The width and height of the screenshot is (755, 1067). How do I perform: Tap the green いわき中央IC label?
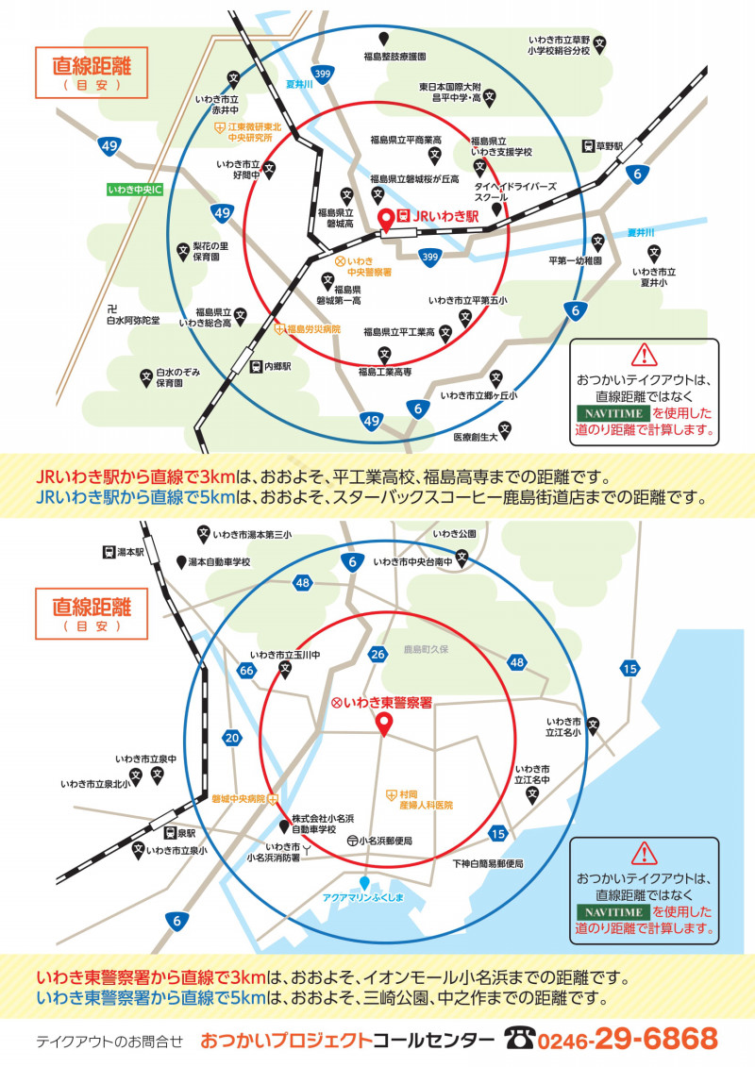(x=136, y=190)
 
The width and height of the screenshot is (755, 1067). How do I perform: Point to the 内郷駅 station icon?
(x=256, y=367)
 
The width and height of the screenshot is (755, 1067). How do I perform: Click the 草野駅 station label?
(x=610, y=146)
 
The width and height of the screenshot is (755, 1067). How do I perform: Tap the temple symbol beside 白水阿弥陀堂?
(x=112, y=308)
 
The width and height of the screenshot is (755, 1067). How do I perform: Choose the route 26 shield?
(x=377, y=655)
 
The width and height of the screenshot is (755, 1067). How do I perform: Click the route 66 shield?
(x=246, y=670)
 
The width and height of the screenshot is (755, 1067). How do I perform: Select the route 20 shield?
(x=232, y=738)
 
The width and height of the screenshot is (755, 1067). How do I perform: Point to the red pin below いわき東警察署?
(x=385, y=725)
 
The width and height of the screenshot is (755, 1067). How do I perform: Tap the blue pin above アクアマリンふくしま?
(x=364, y=883)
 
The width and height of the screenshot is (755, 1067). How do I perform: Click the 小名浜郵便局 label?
(x=385, y=842)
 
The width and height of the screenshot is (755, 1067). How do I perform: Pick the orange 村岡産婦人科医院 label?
(x=427, y=800)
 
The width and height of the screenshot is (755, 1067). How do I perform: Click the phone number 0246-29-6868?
(x=628, y=1039)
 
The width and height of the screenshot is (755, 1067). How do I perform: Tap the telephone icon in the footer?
(x=519, y=1039)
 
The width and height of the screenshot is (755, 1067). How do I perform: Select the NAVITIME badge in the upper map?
(x=613, y=413)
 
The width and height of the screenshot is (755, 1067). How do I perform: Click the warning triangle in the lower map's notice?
(x=644, y=854)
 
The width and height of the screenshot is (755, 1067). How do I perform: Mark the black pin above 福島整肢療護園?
(x=384, y=40)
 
